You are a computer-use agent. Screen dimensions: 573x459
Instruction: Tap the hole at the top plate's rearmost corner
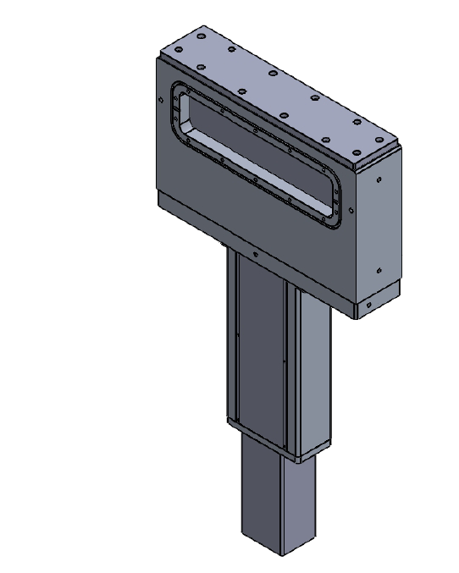tap(201, 36)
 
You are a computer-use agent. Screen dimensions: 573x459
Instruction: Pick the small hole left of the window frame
tap(161, 98)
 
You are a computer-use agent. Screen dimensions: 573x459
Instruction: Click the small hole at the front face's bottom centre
tap(253, 252)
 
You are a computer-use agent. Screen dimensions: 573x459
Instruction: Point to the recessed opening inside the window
tap(254, 152)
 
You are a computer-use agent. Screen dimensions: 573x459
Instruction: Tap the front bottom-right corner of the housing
tap(354, 318)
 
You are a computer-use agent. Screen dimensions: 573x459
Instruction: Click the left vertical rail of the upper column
tap(232, 339)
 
